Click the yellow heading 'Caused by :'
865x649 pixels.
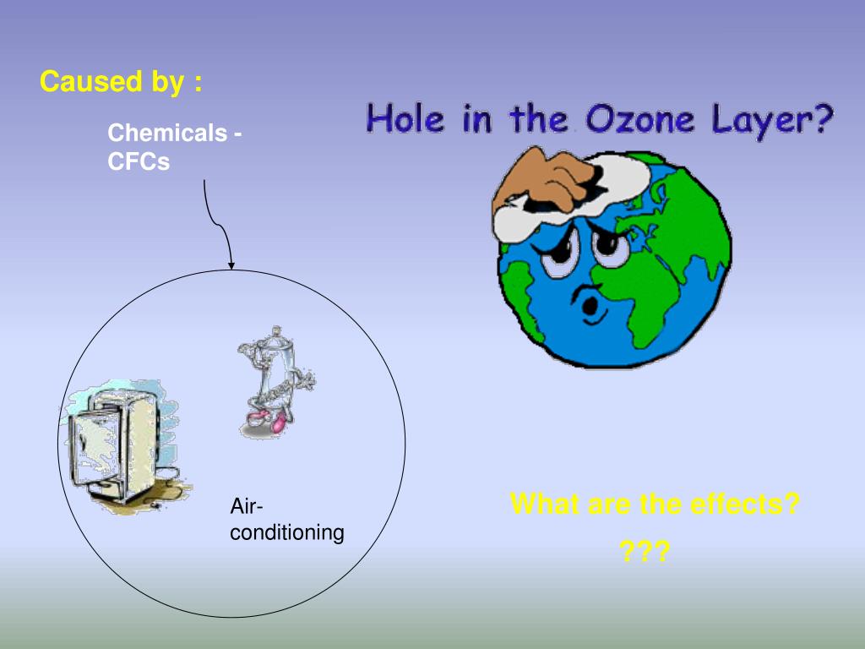(121, 82)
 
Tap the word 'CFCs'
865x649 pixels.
(139, 161)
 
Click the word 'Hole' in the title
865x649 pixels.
(401, 119)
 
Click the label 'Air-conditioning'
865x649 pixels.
(286, 520)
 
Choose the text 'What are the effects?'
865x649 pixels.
(655, 504)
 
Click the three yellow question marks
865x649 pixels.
(645, 553)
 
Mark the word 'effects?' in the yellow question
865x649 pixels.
(744, 504)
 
